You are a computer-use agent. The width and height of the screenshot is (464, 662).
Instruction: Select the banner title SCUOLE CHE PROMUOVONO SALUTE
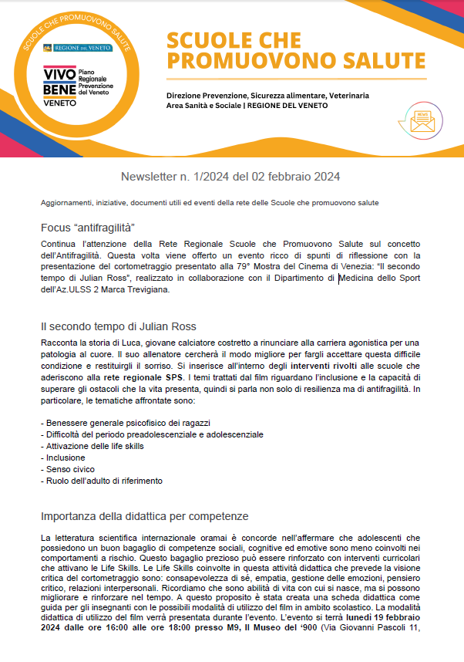(296, 50)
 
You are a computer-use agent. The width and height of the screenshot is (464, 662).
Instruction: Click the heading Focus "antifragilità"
(88, 228)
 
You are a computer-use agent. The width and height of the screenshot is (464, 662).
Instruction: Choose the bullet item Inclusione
(63, 458)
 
